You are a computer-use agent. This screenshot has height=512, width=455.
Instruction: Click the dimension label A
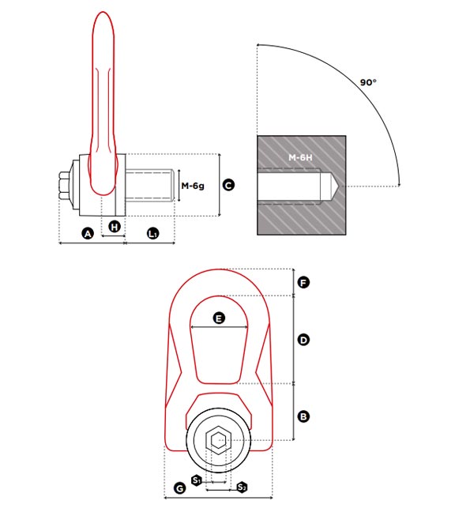[x=88, y=234]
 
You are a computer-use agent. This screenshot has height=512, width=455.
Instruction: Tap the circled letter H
[x=115, y=226]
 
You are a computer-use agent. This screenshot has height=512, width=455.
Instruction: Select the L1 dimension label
[x=153, y=234]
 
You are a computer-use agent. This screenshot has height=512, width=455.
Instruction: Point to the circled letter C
[x=228, y=185]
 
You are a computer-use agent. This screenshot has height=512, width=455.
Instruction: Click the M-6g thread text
[x=193, y=186]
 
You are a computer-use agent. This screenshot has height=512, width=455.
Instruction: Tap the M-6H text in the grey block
[x=300, y=158]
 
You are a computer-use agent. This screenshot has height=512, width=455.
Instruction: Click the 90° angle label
[x=368, y=82]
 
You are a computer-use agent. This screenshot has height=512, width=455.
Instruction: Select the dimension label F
[x=303, y=282]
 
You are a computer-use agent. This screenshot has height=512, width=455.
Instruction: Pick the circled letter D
[x=303, y=340]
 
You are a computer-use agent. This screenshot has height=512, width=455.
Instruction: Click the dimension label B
[x=303, y=416]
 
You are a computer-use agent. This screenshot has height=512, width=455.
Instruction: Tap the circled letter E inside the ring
[x=219, y=318]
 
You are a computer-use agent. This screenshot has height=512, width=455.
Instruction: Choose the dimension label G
[x=179, y=488]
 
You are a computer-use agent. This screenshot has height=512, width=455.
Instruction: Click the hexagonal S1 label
[x=197, y=480]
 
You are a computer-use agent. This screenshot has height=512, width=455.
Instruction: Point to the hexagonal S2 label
[x=242, y=488]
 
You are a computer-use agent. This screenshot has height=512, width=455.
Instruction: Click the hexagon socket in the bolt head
[x=218, y=440]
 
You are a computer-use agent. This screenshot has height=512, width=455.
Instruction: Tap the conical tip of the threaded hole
[x=335, y=186]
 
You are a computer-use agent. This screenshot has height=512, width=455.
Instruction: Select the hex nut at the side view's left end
[x=64, y=185]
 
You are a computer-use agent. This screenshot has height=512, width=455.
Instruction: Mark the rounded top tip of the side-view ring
[x=103, y=13]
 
